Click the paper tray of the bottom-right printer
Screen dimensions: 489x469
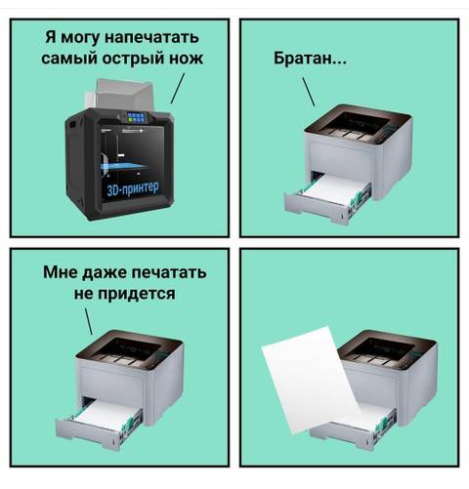tap(371, 425)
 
